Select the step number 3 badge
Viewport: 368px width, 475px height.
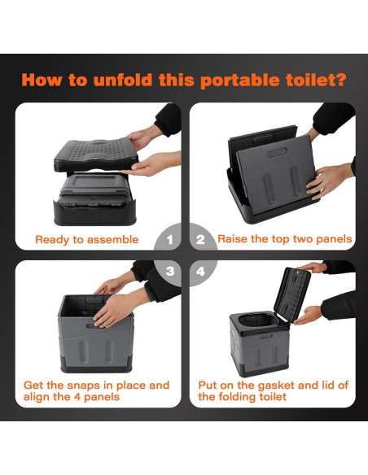169,272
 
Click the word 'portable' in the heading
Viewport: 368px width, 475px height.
240,81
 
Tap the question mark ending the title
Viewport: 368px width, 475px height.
340,80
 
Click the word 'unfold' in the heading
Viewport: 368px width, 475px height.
123,80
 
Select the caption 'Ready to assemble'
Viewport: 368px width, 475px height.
86,240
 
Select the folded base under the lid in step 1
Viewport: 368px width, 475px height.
94,199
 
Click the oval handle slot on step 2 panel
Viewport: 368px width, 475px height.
277,152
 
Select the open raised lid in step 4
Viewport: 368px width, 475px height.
292,294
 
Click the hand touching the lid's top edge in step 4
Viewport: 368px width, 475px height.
312,268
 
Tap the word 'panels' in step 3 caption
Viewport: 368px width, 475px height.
102,397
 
